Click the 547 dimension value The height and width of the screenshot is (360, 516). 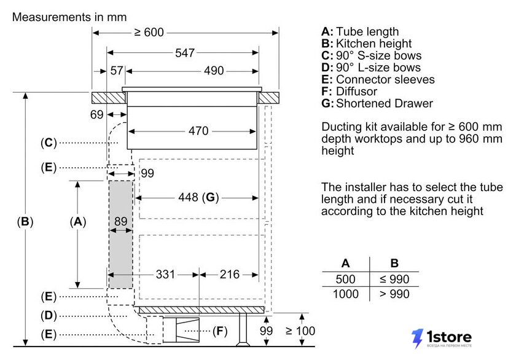pyautogui.click(x=185, y=53)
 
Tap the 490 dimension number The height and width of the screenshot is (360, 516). pyautogui.click(x=214, y=71)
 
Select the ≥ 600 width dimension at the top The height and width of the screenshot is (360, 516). pyautogui.click(x=149, y=32)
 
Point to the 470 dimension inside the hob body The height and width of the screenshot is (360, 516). pyautogui.click(x=198, y=131)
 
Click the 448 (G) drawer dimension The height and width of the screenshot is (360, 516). pyautogui.click(x=198, y=197)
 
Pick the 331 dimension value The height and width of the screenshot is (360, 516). pyautogui.click(x=165, y=275)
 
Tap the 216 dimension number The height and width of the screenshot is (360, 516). pyautogui.click(x=230, y=275)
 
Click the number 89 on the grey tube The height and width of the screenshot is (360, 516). pyautogui.click(x=121, y=221)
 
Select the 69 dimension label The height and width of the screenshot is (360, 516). pyautogui.click(x=97, y=114)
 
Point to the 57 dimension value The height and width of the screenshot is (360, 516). pyautogui.click(x=117, y=71)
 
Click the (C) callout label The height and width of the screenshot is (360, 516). pyautogui.click(x=49, y=143)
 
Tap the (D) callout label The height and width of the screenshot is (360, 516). pyautogui.click(x=49, y=316)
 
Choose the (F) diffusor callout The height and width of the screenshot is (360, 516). pyautogui.click(x=220, y=331)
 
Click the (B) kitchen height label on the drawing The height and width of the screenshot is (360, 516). pyautogui.click(x=25, y=222)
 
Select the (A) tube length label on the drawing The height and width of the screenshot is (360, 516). pyautogui.click(x=78, y=222)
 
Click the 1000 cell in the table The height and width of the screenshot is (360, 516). pyautogui.click(x=345, y=294)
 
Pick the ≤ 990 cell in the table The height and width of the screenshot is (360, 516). pyautogui.click(x=394, y=280)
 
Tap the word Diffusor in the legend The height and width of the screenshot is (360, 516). pyautogui.click(x=356, y=91)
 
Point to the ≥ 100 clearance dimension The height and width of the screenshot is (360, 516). pyautogui.click(x=300, y=331)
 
